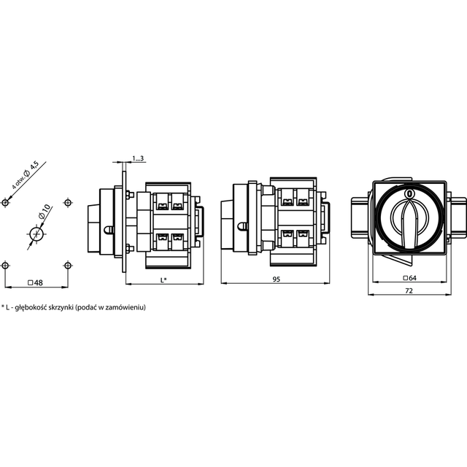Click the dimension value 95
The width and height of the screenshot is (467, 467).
point(276,279)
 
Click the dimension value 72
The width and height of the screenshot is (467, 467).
point(409,290)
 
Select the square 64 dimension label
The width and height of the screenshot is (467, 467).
point(409,278)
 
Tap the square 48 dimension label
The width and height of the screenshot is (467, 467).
point(36,282)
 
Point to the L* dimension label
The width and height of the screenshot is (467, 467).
point(163,280)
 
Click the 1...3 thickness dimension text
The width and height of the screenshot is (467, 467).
point(138,158)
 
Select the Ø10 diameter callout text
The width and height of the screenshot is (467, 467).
point(45,212)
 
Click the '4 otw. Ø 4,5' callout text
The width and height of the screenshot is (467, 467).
point(25,176)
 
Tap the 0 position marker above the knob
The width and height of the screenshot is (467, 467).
point(409,193)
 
